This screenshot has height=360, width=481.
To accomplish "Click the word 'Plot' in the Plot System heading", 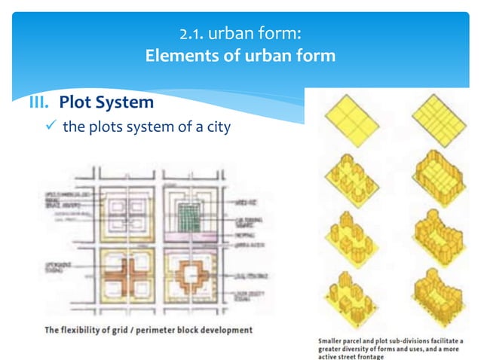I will pos(75,101).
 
